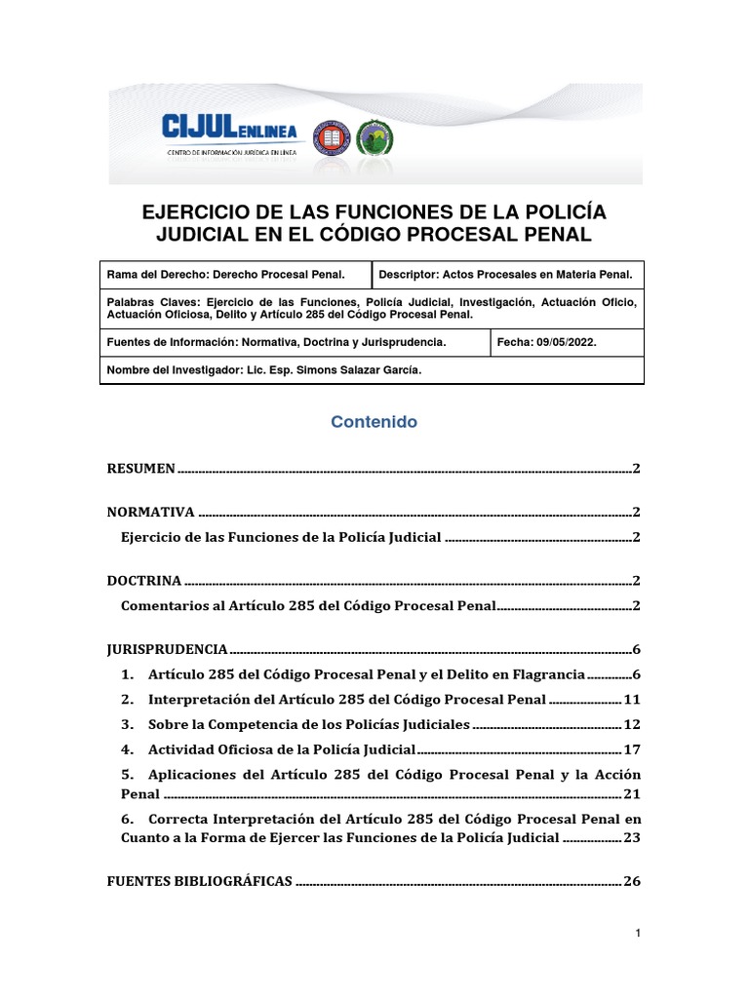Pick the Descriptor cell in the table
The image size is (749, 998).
(x=506, y=275)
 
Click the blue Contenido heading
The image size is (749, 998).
(x=374, y=422)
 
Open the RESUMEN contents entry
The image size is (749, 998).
(x=140, y=469)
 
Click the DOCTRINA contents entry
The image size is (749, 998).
(x=144, y=581)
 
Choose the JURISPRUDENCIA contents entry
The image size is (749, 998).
(x=167, y=649)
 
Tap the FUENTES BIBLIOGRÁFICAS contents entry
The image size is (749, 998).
(x=199, y=881)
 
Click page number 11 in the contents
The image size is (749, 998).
(x=631, y=700)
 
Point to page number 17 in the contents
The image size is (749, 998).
(x=631, y=749)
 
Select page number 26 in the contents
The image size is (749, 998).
(x=631, y=881)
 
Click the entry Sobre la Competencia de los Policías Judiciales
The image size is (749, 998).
(x=309, y=725)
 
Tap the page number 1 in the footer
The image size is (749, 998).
(x=637, y=935)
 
